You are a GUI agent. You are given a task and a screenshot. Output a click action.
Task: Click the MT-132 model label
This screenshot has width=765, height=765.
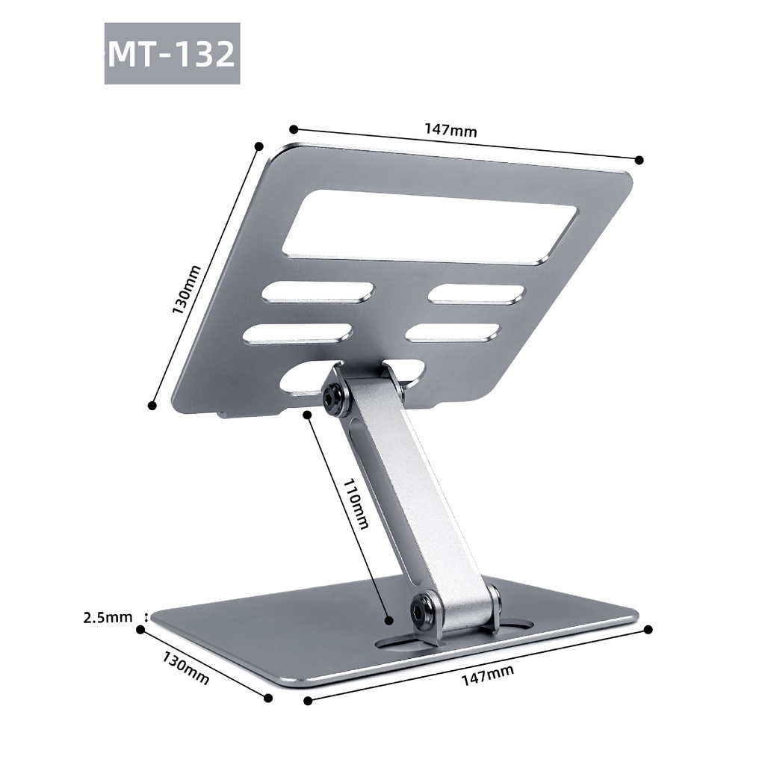pyautogui.click(x=172, y=54)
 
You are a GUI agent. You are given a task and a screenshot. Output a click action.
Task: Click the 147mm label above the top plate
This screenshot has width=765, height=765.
pyautogui.click(x=450, y=130)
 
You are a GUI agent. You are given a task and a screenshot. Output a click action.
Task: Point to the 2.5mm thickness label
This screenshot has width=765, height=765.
pyautogui.click(x=108, y=617)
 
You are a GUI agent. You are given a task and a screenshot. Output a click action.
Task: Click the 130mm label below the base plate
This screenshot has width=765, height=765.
pyautogui.click(x=186, y=667)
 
